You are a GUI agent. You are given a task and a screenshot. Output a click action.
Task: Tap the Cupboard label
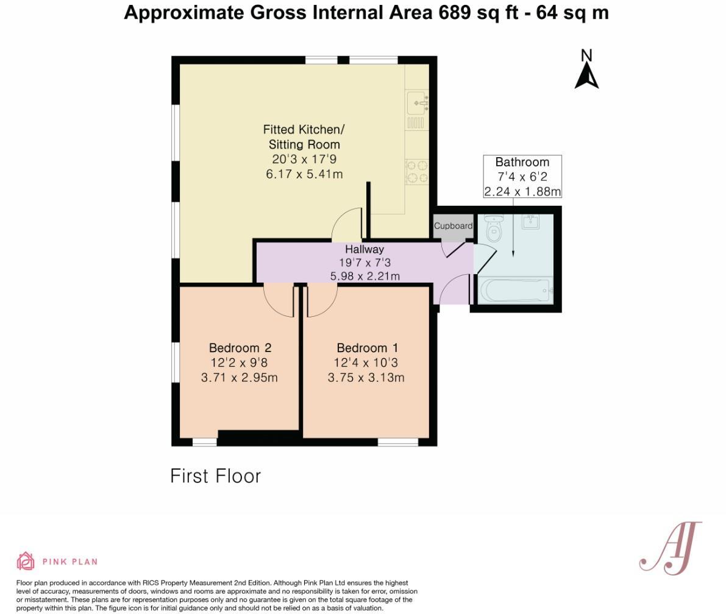[x=453, y=226]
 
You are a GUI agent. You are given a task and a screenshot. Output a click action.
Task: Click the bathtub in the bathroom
[x=516, y=290]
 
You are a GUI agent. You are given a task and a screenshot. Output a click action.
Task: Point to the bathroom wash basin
[x=530, y=221]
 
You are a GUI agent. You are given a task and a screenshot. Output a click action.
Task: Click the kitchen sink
[x=418, y=102]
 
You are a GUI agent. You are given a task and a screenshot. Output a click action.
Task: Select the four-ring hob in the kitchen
[x=418, y=171]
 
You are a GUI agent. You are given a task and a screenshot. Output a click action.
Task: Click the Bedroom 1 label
[x=367, y=348]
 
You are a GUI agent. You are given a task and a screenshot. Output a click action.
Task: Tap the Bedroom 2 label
[x=240, y=348]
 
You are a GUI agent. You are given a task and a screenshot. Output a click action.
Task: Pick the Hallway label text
[x=365, y=249]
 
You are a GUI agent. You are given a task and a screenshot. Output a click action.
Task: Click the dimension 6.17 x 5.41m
[x=304, y=174]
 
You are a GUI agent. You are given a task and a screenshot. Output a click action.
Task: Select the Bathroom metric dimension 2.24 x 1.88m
[x=522, y=191]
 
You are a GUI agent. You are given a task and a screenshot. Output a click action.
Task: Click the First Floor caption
[x=215, y=476]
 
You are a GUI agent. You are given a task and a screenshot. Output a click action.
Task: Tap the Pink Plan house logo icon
[x=26, y=561]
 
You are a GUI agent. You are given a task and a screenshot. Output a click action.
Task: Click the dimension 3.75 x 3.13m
[x=366, y=378]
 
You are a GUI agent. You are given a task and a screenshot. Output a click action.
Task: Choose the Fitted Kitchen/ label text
[x=304, y=129]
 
